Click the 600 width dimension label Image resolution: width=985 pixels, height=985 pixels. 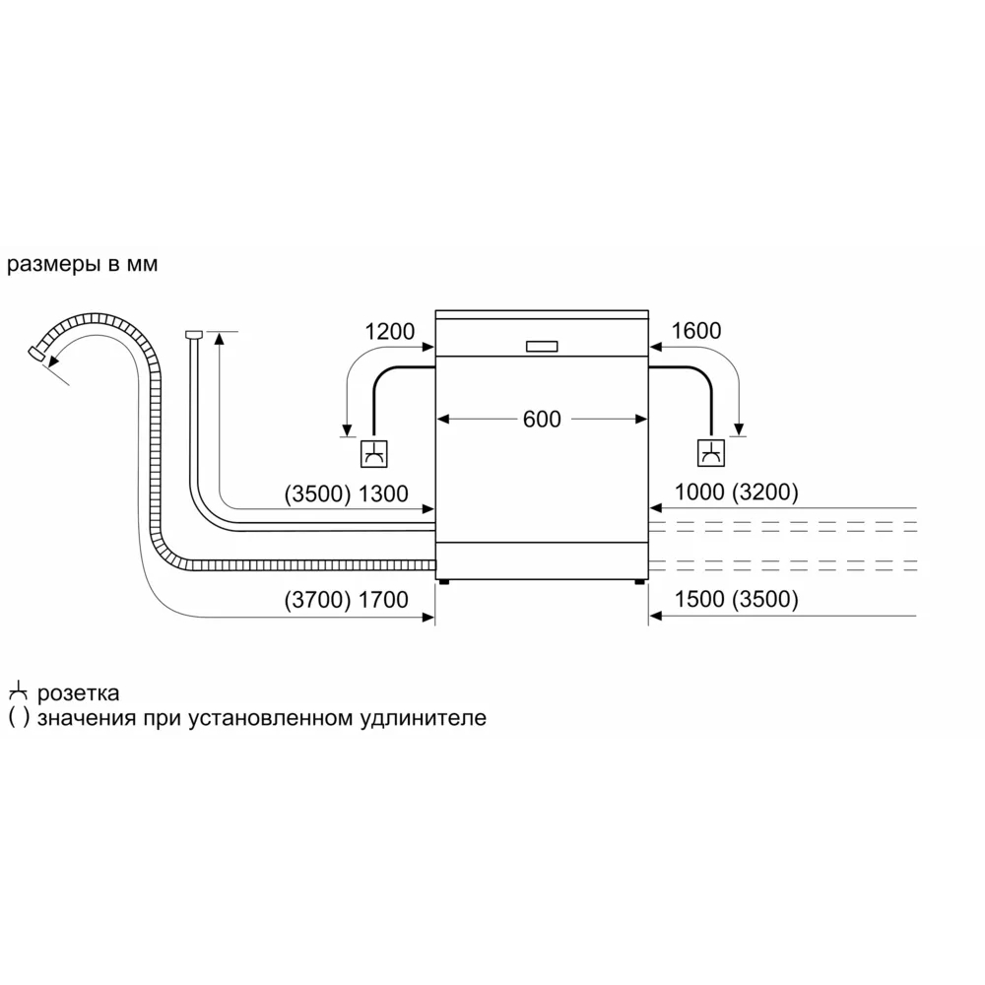542,419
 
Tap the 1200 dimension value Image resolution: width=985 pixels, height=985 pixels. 389,331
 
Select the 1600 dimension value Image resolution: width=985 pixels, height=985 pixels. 696,330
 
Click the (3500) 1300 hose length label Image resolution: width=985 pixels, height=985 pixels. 346,493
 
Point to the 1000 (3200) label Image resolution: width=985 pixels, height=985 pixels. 736,492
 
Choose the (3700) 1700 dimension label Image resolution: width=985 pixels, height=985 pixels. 346,600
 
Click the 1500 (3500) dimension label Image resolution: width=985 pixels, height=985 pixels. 736,599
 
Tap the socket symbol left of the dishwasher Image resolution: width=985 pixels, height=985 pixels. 373,453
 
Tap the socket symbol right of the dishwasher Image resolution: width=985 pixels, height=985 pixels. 711,453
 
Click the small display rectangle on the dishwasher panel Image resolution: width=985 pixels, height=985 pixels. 542,346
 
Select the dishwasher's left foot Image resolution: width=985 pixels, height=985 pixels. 445,582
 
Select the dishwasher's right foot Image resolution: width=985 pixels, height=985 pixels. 639,582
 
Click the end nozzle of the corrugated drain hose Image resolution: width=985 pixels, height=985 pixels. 37,353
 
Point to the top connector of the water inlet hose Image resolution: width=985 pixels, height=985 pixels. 193,334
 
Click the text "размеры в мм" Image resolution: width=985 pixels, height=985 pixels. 83,264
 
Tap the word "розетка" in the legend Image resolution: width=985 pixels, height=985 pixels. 78,693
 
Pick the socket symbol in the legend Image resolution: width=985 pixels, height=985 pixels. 18,691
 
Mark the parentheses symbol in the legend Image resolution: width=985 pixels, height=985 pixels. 19,717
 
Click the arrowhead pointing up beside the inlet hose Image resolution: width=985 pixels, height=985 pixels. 219,339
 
